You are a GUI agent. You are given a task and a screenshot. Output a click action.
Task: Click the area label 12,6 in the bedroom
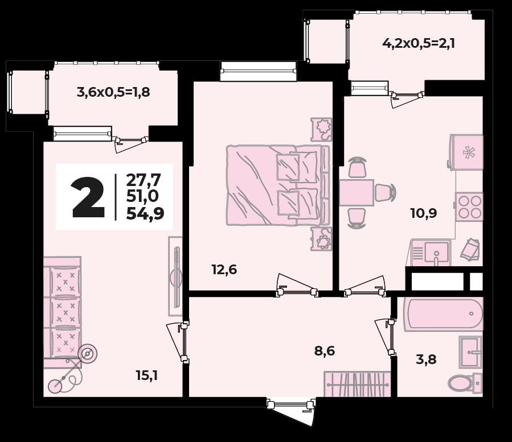[224, 270]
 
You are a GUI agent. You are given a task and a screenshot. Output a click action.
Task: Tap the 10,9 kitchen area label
[424, 213]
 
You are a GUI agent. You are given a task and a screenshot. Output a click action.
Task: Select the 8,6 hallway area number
[325, 351]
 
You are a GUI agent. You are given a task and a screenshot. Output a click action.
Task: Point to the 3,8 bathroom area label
[426, 360]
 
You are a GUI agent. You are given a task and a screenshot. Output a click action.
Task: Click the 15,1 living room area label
[147, 376]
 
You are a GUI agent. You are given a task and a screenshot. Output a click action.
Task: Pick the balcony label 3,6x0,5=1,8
[113, 92]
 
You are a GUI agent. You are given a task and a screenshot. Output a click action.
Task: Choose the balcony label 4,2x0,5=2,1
[419, 43]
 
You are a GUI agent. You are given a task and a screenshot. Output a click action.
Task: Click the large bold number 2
[88, 197]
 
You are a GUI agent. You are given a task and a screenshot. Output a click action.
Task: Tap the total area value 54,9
[145, 214]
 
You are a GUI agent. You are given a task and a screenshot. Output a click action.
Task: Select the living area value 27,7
[144, 179]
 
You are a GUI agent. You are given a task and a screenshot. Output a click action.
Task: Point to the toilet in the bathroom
[465, 382]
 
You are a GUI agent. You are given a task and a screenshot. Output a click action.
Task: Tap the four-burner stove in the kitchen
[469, 207]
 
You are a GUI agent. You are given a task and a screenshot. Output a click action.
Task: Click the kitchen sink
[431, 252]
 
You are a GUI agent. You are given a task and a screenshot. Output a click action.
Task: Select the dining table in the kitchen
[357, 192]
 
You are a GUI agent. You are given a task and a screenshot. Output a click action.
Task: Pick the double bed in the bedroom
[278, 185]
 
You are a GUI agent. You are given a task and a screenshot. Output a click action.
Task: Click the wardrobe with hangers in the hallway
[357, 385]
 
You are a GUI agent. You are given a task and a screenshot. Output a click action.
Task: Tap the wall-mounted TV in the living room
[176, 276]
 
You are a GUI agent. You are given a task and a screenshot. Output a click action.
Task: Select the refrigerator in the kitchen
[466, 152]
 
